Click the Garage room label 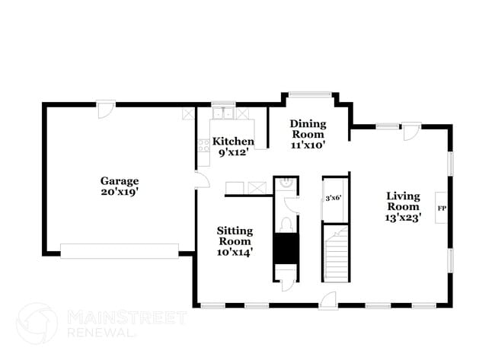pos(120,181)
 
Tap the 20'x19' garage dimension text pos(120,193)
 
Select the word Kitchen pos(233,142)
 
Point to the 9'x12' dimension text pos(233,152)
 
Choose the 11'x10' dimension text pos(308,145)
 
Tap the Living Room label pos(403,200)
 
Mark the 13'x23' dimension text pos(403,217)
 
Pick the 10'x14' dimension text pos(235,251)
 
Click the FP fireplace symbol pos(441,208)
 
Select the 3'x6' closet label pos(333,198)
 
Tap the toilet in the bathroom pos(286,224)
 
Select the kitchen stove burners pos(204,145)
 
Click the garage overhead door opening pos(120,251)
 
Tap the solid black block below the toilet pos(286,248)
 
